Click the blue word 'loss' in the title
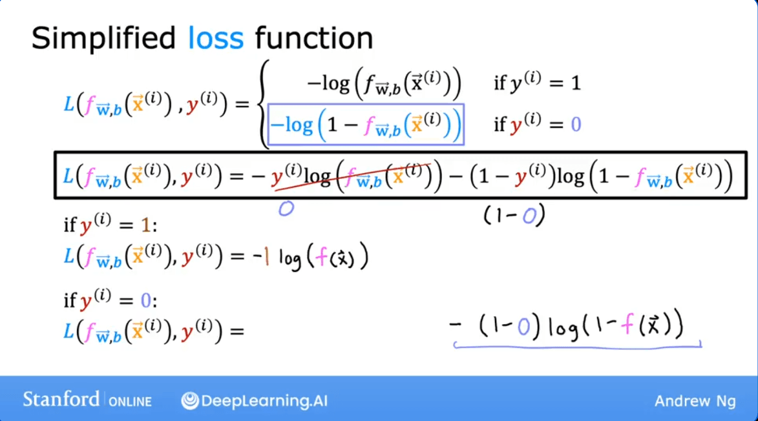coord(216,38)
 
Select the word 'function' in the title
coord(314,38)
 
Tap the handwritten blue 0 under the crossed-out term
coord(285,209)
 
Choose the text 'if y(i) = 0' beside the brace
coord(536,124)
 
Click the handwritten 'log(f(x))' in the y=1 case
coord(323,258)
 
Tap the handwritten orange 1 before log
coord(266,258)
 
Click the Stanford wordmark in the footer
coord(61,399)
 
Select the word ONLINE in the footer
coord(130,401)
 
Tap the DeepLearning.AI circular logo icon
coord(189,401)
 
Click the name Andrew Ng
coord(695,401)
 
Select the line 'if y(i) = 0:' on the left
coord(111,300)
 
